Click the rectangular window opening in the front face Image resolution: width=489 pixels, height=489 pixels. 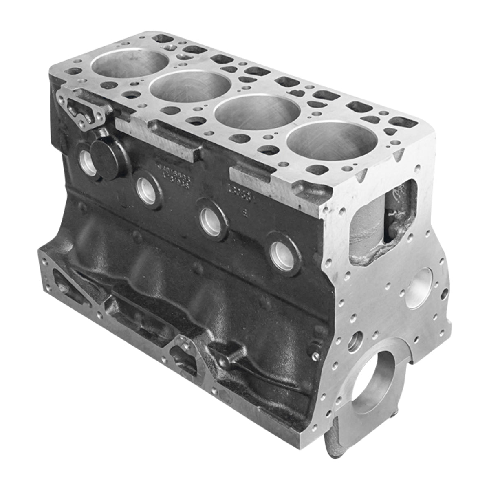[x=383, y=222]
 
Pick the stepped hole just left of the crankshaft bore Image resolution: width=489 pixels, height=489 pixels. [x=356, y=338]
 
